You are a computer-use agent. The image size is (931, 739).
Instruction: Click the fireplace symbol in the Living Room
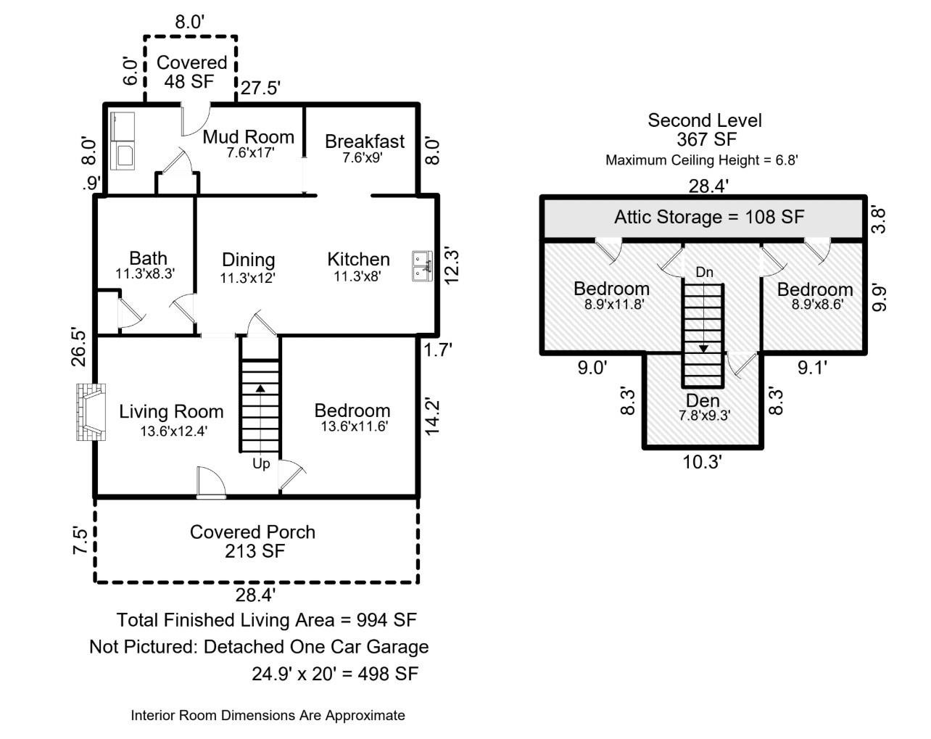(x=90, y=412)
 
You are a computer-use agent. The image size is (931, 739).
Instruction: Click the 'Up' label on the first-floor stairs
(x=261, y=463)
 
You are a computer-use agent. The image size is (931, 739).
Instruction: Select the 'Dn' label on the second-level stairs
(x=704, y=273)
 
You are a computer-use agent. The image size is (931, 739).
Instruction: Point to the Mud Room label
(x=248, y=137)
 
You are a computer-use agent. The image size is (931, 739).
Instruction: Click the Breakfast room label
(x=364, y=141)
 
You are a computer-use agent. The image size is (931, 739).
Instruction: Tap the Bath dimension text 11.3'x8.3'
(x=145, y=274)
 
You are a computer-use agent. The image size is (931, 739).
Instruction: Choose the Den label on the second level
(x=703, y=401)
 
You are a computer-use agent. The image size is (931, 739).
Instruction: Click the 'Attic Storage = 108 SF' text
(x=708, y=217)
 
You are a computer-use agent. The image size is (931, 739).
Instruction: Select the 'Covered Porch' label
(x=252, y=532)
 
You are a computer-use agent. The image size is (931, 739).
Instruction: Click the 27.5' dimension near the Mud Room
(x=260, y=88)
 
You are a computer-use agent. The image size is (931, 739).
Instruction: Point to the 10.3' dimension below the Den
(x=702, y=462)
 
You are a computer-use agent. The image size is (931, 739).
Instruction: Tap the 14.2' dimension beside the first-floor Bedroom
(x=433, y=416)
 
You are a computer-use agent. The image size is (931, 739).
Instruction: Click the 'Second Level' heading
(x=704, y=120)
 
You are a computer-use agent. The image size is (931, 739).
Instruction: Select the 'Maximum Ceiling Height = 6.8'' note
(x=701, y=160)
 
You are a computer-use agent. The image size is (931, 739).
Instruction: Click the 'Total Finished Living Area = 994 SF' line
(x=267, y=620)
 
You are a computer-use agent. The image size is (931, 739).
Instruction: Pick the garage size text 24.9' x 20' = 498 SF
(x=335, y=674)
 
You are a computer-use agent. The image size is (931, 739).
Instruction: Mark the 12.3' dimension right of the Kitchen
(x=452, y=266)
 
